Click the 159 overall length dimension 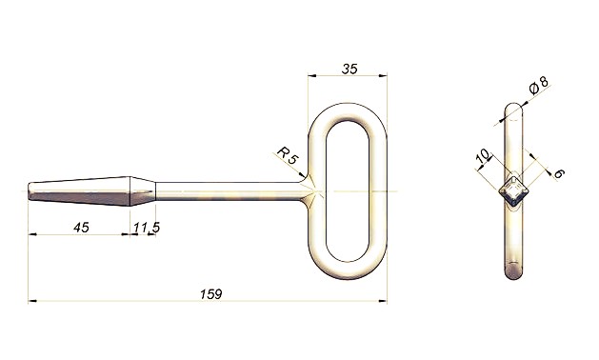(x=210, y=294)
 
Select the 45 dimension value (x=81, y=228)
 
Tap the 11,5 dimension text (x=147, y=228)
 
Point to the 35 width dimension (x=349, y=70)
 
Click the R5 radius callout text (x=287, y=155)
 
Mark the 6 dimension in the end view (x=558, y=173)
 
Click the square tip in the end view (x=514, y=191)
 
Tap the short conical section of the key (x=143, y=191)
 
